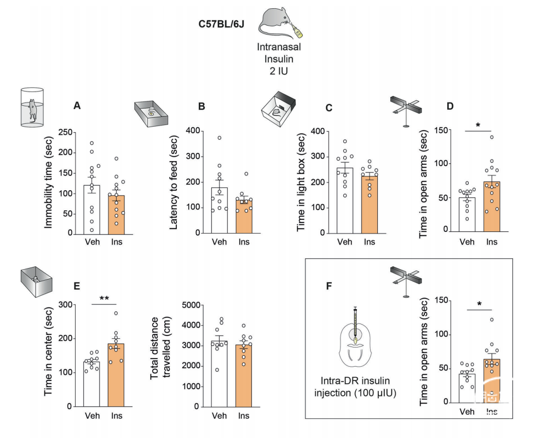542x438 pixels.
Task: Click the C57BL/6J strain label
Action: coord(221,24)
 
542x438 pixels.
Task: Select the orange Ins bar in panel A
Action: coord(117,215)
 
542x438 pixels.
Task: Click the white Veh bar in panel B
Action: coord(220,210)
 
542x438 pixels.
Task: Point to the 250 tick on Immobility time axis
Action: coord(65,132)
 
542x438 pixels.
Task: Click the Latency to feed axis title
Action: coord(174,182)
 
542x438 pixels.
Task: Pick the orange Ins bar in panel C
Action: coord(370,204)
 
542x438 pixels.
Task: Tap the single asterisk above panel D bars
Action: coord(478,125)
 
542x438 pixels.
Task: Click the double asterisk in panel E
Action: coord(105,298)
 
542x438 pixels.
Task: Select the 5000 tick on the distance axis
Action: coord(191,305)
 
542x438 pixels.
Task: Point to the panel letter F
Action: coord(328,286)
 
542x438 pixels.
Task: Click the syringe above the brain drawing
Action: coord(355,325)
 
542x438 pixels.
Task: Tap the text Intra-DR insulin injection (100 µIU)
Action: coord(355,387)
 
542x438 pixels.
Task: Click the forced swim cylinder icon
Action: coord(32,107)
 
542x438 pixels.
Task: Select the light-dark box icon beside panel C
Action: coord(278,109)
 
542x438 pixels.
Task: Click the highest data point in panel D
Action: coord(492,138)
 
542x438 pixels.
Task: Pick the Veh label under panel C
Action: coord(344,242)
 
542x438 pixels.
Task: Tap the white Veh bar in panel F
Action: coord(468,388)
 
